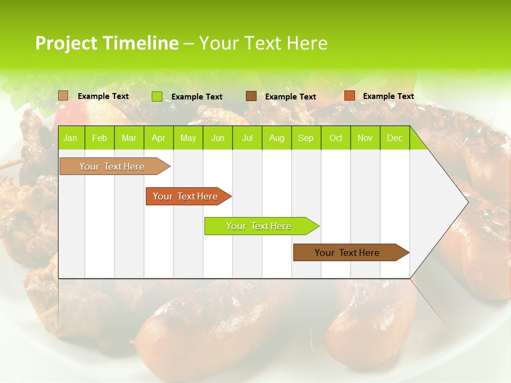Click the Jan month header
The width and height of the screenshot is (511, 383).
click(70, 138)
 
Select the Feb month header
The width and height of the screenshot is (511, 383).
click(100, 138)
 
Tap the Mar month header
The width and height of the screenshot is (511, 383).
click(129, 138)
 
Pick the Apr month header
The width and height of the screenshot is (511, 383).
click(159, 138)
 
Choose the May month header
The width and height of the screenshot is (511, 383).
click(188, 138)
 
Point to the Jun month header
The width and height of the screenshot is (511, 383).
click(218, 138)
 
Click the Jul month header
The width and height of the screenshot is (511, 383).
click(247, 138)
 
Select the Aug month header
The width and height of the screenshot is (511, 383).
click(277, 138)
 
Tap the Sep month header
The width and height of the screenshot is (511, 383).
click(306, 138)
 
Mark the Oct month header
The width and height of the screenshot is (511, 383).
click(336, 138)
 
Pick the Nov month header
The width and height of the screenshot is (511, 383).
click(365, 138)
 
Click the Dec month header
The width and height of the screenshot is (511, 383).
click(394, 138)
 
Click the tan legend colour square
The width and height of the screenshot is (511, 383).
click(63, 96)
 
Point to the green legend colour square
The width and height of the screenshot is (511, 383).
click(157, 96)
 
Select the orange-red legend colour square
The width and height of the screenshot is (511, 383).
click(349, 96)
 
